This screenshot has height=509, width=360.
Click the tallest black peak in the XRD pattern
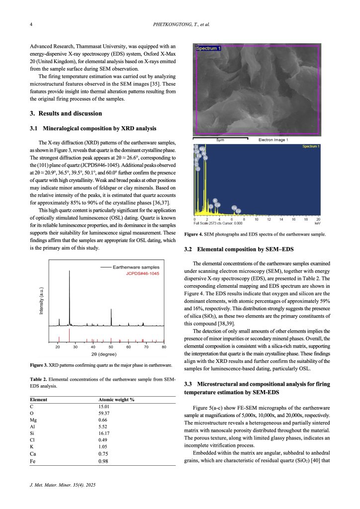[x=69, y=272]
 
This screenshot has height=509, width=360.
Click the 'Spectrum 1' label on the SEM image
[x=209, y=48]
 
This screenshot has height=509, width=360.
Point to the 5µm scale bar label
[x=219, y=140]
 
